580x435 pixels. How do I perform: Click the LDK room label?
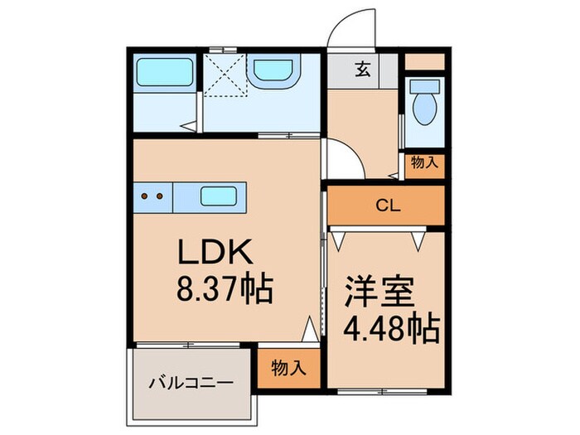click(215, 252)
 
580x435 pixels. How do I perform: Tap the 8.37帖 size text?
click(225, 289)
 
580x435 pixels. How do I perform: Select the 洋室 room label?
click(379, 292)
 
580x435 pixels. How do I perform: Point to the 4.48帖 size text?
click(391, 328)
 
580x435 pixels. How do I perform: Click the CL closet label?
click(388, 205)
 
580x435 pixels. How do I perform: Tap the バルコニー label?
click(191, 383)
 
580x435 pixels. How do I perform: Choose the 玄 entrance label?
click(363, 69)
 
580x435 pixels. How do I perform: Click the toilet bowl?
click(424, 109)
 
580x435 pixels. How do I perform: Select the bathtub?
click(165, 72)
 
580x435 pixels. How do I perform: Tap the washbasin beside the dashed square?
click(273, 70)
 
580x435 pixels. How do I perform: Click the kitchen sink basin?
click(219, 196)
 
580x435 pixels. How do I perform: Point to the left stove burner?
click(145, 196)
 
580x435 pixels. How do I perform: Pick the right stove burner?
click(160, 196)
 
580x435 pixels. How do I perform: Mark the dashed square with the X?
click(225, 75)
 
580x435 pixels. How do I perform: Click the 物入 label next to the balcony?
click(288, 368)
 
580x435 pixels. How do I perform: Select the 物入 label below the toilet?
click(424, 162)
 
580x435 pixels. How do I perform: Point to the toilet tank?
click(424, 86)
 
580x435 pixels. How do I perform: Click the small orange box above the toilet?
click(424, 62)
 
